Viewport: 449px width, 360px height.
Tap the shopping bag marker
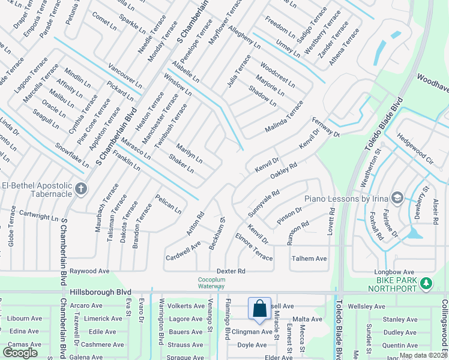pyautogui.click(x=260, y=310)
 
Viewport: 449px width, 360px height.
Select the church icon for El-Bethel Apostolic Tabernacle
pyautogui.click(x=81, y=190)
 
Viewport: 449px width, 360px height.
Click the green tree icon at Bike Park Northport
pyautogui.click(x=426, y=283)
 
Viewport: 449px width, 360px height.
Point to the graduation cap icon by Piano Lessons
pyautogui.click(x=396, y=198)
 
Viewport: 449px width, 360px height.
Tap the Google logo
pyautogui.click(x=20, y=353)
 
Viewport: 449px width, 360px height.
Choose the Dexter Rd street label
pyautogui.click(x=231, y=271)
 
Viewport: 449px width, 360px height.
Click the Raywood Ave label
pyautogui.click(x=89, y=271)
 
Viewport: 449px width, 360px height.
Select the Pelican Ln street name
pyautogui.click(x=168, y=204)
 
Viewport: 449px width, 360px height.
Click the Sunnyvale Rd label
pyautogui.click(x=264, y=203)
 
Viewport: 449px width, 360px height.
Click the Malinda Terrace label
pyautogui.click(x=285, y=118)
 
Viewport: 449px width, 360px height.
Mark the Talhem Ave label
pyautogui.click(x=309, y=259)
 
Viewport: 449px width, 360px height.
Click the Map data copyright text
pyautogui.click(x=423, y=355)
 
